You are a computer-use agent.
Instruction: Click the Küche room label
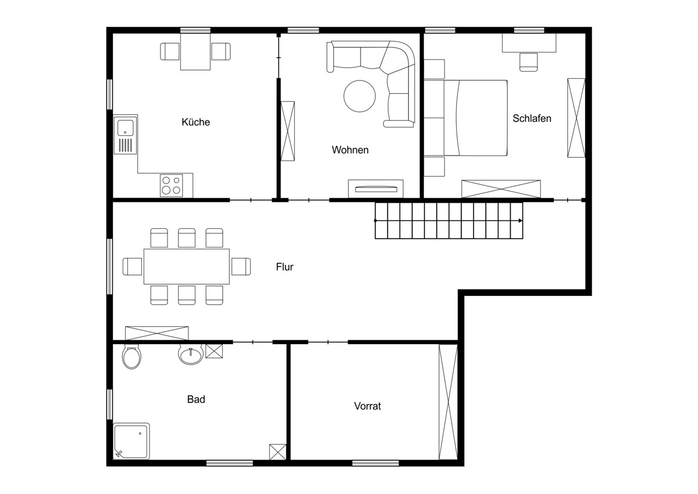(x=195, y=122)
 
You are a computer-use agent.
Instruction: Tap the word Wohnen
(x=350, y=150)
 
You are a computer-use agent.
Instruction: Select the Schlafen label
(x=532, y=118)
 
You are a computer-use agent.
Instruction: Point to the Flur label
(x=284, y=267)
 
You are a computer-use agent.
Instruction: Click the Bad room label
(x=196, y=399)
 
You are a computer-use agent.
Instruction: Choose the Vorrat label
(x=368, y=406)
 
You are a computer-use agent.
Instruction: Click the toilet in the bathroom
(x=131, y=357)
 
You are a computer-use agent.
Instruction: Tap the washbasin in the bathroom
(x=191, y=354)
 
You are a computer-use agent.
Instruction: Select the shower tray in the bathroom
(x=131, y=441)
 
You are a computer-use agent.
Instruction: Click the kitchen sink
(x=125, y=135)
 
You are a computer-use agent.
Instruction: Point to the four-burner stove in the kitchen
(x=172, y=185)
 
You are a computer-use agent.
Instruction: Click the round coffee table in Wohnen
(x=359, y=96)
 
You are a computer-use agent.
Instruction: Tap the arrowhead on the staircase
(x=521, y=221)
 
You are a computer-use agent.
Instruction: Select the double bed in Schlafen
(x=465, y=118)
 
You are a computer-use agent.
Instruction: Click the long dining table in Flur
(x=187, y=266)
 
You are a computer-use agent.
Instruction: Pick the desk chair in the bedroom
(x=529, y=62)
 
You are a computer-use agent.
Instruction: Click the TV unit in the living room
(x=376, y=189)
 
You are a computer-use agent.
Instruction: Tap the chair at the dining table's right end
(x=241, y=266)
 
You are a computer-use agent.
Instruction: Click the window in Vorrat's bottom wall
(x=376, y=463)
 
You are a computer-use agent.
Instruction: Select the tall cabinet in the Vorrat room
(x=448, y=402)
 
